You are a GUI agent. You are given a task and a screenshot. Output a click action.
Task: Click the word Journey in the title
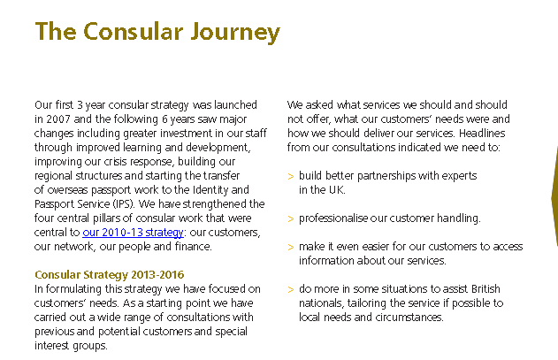pos(235,32)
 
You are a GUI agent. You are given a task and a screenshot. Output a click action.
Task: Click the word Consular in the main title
pos(134,31)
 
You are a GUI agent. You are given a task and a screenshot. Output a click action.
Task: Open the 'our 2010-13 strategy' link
pos(134,232)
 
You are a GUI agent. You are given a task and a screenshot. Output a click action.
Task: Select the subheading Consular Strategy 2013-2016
pos(110,274)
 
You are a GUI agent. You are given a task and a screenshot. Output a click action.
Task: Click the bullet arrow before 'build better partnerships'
pos(291,176)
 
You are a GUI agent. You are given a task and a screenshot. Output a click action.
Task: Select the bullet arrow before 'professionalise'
pos(291,218)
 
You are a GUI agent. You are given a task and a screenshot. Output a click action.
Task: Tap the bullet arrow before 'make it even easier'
pos(291,247)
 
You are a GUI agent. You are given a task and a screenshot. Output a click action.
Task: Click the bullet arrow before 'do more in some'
pos(291,289)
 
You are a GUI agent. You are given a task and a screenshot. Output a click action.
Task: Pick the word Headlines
pos(482,134)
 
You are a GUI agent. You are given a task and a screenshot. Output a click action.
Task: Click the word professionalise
pos(333,218)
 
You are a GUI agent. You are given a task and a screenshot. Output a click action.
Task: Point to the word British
pos(485,288)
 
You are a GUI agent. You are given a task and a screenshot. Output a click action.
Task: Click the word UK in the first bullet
pos(337,190)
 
